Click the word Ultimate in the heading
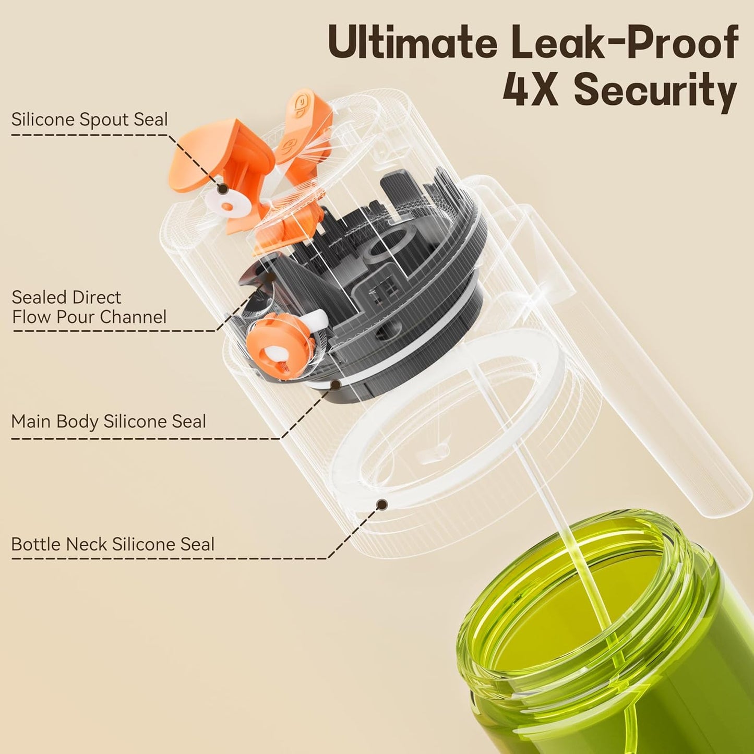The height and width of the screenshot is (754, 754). click(412, 43)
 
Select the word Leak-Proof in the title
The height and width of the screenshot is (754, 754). click(625, 43)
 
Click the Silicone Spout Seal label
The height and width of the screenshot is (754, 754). click(90, 119)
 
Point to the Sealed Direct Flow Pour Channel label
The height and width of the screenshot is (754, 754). click(89, 307)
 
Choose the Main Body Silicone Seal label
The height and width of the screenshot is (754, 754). click(109, 421)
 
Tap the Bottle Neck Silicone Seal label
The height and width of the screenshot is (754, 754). click(113, 544)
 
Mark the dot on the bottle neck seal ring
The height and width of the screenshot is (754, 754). click(382, 505)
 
